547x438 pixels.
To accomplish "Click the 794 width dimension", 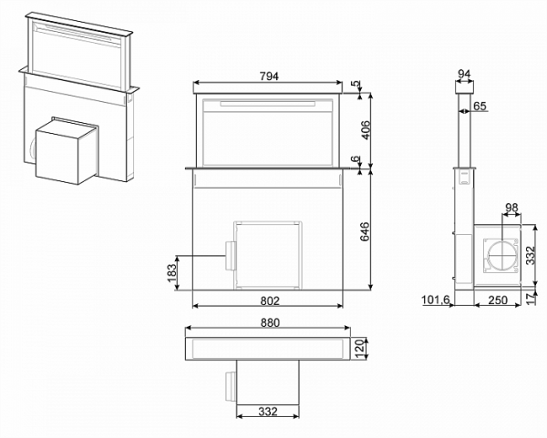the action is pos(269,76).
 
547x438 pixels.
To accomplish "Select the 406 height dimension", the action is pos(366,130).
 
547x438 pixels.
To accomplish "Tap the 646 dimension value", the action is pos(365,231).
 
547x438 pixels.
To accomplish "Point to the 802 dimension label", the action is pos(270,300).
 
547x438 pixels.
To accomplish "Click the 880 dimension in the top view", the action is pos(270,322).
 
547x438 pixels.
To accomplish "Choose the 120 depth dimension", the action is pos(359,348).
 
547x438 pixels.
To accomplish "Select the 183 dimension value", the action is pos(172,273).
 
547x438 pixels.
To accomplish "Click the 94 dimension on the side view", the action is pos(464,75).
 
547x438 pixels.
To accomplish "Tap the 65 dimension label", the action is pos(480,106).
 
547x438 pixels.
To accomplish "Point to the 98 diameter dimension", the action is pos(511,208).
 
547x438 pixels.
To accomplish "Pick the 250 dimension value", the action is pos(498,300).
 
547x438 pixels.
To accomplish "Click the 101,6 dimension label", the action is pos(436,300).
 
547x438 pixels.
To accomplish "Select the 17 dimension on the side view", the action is pos(531,299).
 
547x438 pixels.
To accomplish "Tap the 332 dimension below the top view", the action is pos(268,412).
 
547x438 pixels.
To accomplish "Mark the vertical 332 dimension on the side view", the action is pos(531,255).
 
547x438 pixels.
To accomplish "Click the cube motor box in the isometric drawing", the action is pos(67,151).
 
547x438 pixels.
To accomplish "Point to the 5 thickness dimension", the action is pos(356,85).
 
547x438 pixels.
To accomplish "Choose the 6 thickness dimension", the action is pos(356,159).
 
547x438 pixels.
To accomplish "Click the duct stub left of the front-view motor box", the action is pos(230,256).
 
